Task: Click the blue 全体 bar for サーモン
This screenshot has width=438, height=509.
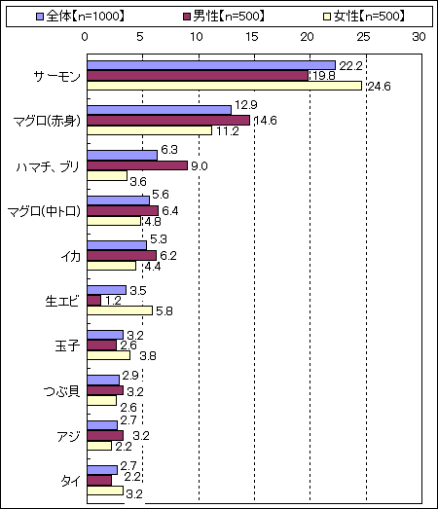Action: tap(211, 65)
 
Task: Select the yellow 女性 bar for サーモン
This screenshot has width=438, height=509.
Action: tap(225, 86)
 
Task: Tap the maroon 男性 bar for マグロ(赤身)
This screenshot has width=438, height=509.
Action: tap(168, 121)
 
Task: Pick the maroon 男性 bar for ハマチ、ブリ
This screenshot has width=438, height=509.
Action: tap(137, 165)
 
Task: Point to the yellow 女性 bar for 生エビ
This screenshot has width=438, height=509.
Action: tap(120, 310)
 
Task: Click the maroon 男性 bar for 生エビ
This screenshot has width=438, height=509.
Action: tap(93, 301)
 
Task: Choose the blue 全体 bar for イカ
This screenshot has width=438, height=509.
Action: tap(117, 245)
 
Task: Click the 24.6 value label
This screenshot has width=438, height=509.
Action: tap(379, 87)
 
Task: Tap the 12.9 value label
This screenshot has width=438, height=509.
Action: tap(246, 105)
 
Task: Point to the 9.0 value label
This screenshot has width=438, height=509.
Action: tap(199, 166)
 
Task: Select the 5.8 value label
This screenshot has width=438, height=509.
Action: tap(164, 311)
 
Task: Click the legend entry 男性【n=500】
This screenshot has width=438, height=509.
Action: tap(224, 16)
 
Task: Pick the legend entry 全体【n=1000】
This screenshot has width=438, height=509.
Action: tap(80, 16)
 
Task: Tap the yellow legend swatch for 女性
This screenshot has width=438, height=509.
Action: tap(327, 17)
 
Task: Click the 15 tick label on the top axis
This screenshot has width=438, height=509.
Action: tap(252, 37)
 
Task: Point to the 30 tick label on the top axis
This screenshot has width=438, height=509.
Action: tap(419, 37)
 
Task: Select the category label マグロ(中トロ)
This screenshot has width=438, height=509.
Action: tap(44, 211)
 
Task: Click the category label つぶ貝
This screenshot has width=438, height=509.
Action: tap(61, 391)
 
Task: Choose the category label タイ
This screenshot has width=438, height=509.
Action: tap(70, 481)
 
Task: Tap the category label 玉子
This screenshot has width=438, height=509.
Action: tap(67, 346)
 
